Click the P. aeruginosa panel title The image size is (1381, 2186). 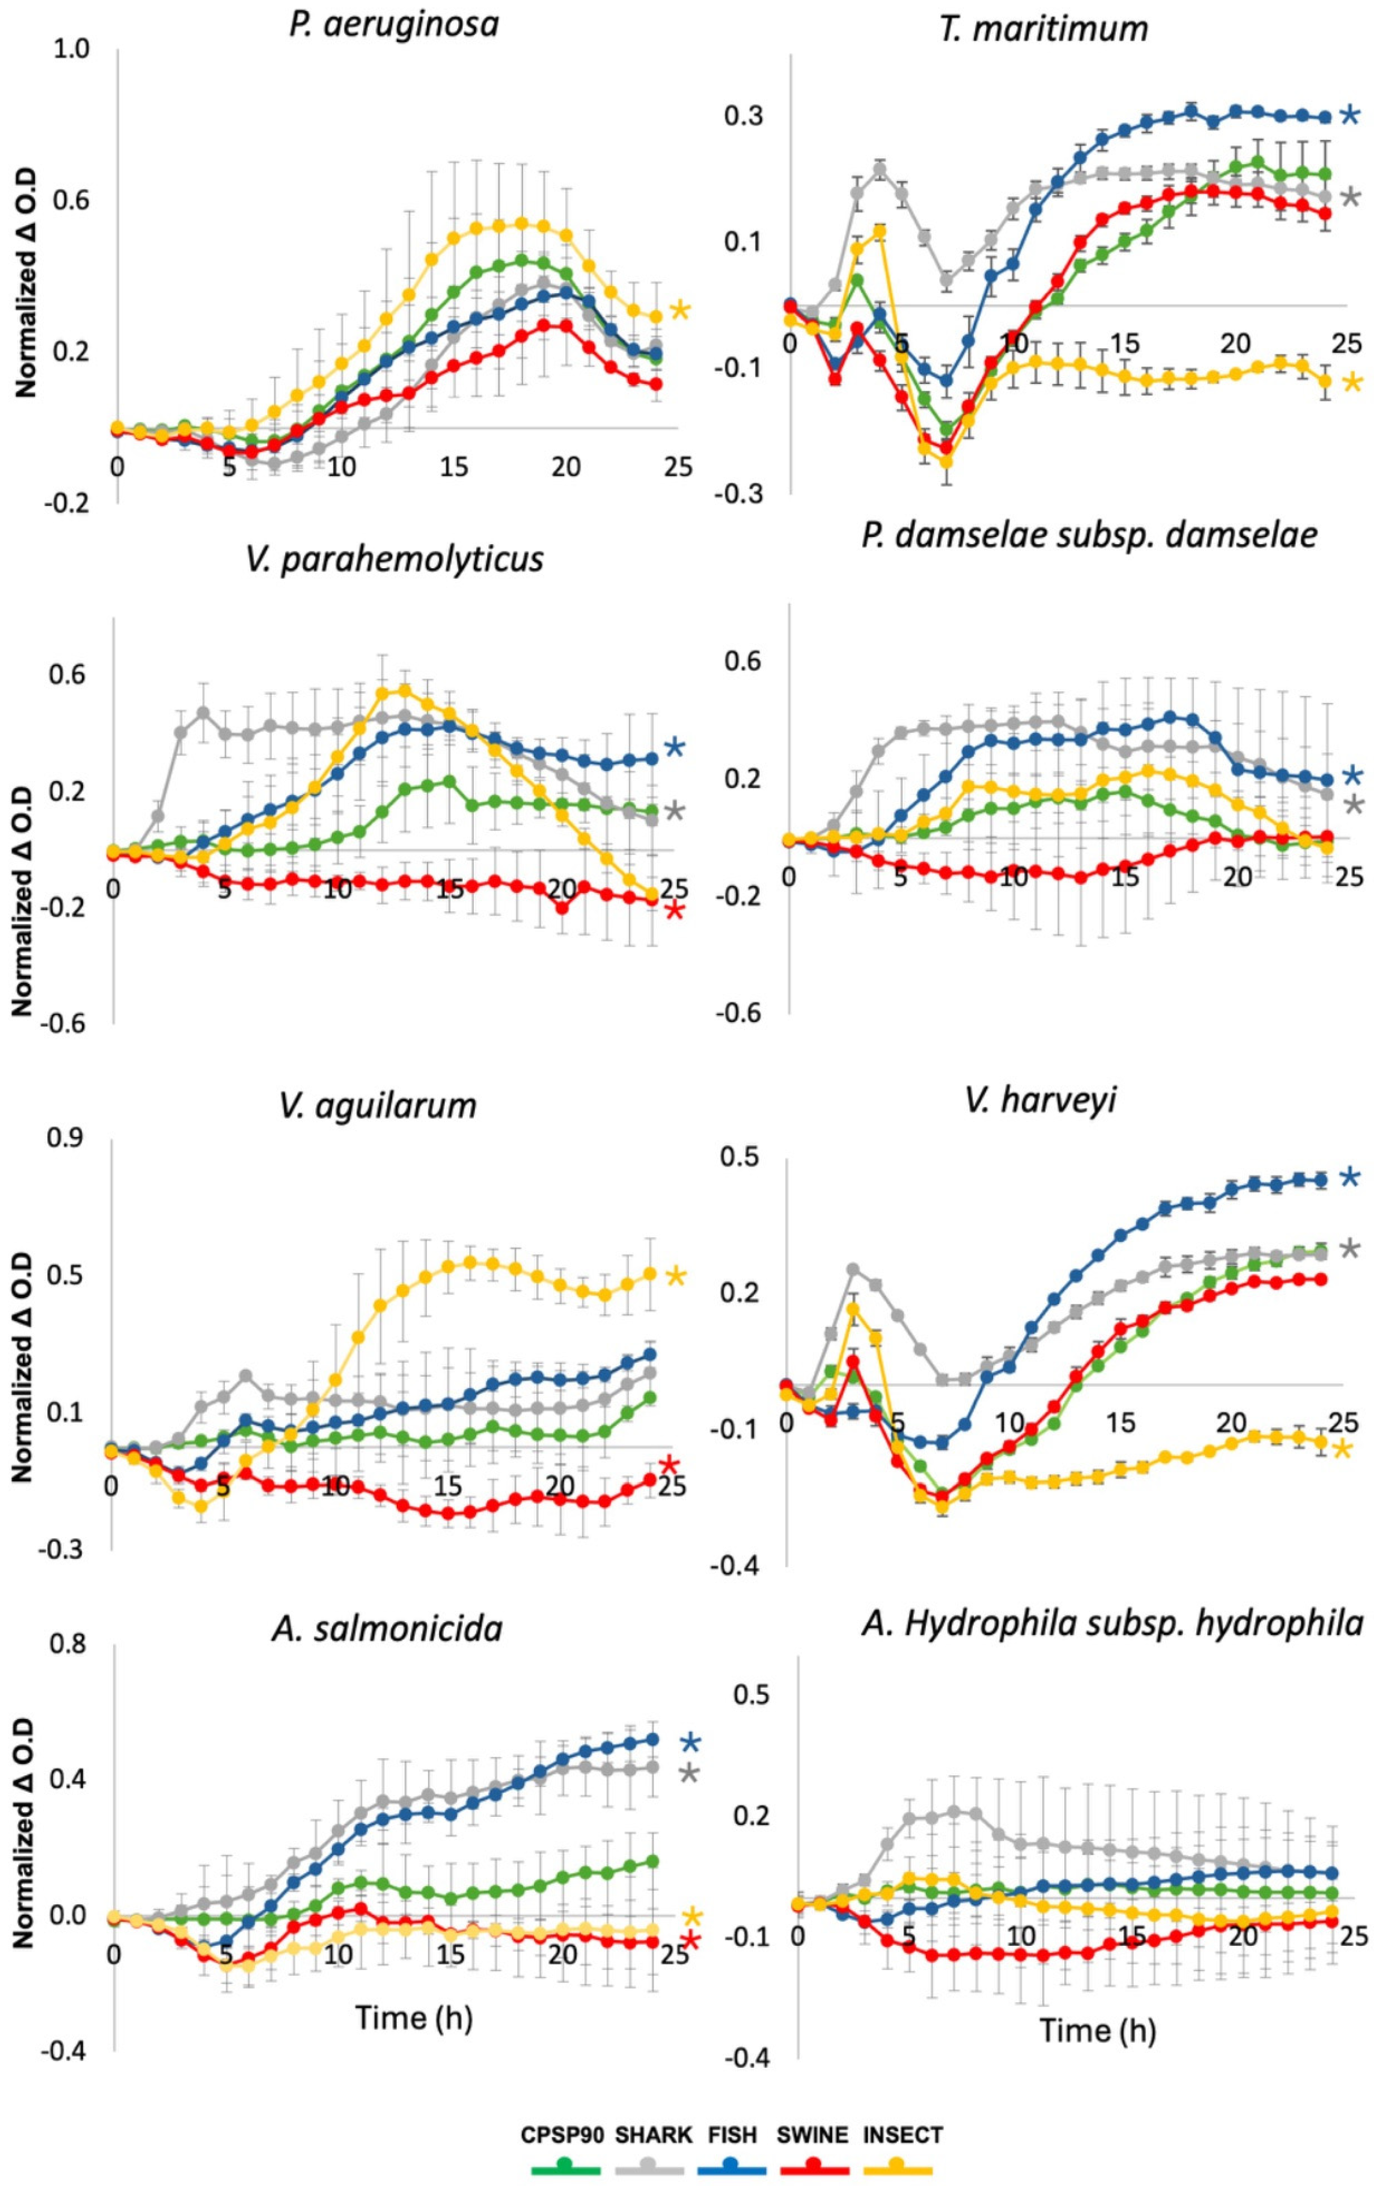click(x=394, y=25)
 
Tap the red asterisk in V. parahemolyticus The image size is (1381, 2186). click(x=674, y=911)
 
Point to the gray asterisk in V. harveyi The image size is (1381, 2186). click(x=1350, y=1250)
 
